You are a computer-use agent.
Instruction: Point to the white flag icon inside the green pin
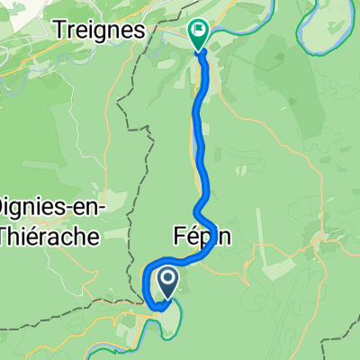pyautogui.click(x=199, y=31)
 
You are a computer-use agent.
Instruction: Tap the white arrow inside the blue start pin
pyautogui.click(x=168, y=280)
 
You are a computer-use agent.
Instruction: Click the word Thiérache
pyautogui.click(x=54, y=236)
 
